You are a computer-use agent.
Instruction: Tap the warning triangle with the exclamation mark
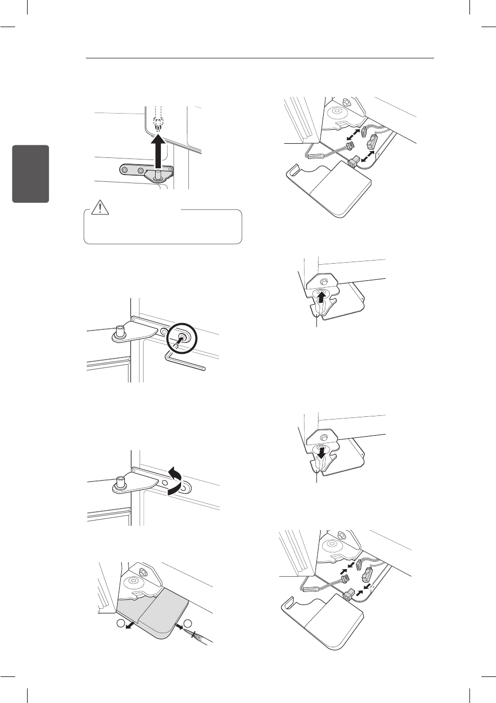click(99, 208)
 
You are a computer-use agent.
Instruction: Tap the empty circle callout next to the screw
click(188, 623)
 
